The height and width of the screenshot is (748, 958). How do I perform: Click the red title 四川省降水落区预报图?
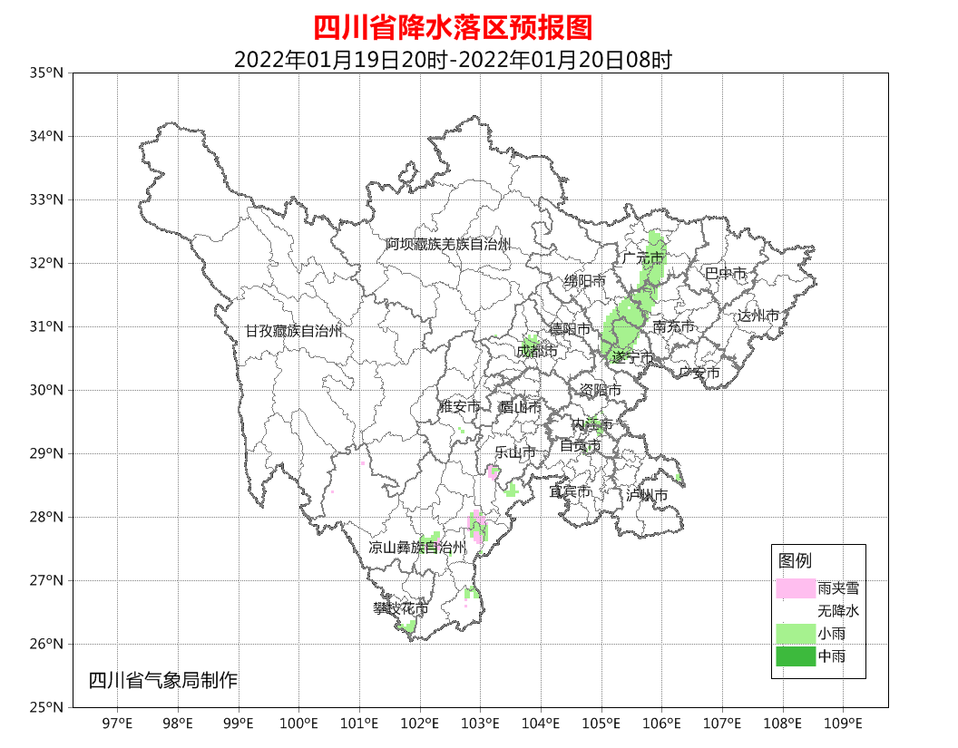(453, 28)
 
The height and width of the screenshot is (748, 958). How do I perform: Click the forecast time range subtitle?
(453, 60)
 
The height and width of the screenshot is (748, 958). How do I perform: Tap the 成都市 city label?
(536, 351)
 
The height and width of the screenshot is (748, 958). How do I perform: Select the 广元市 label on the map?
(643, 258)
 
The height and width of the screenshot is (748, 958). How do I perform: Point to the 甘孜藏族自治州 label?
(293, 332)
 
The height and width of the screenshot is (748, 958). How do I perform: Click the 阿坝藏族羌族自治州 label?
(447, 245)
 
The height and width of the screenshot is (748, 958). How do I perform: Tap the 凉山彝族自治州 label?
(416, 548)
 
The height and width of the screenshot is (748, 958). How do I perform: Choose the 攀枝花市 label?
(400, 608)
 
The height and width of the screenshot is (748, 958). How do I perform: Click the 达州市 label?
(758, 316)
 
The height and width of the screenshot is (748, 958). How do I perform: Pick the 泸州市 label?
(647, 495)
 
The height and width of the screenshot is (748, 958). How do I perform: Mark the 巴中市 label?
(726, 273)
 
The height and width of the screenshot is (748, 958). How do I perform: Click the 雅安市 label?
(459, 407)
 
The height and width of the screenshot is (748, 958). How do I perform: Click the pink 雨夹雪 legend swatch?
(796, 588)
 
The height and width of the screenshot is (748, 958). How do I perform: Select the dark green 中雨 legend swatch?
(796, 656)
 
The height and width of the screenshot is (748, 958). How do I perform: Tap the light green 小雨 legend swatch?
(796, 633)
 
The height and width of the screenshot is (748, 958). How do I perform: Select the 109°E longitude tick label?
(843, 724)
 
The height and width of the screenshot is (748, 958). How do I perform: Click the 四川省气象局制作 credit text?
(163, 680)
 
